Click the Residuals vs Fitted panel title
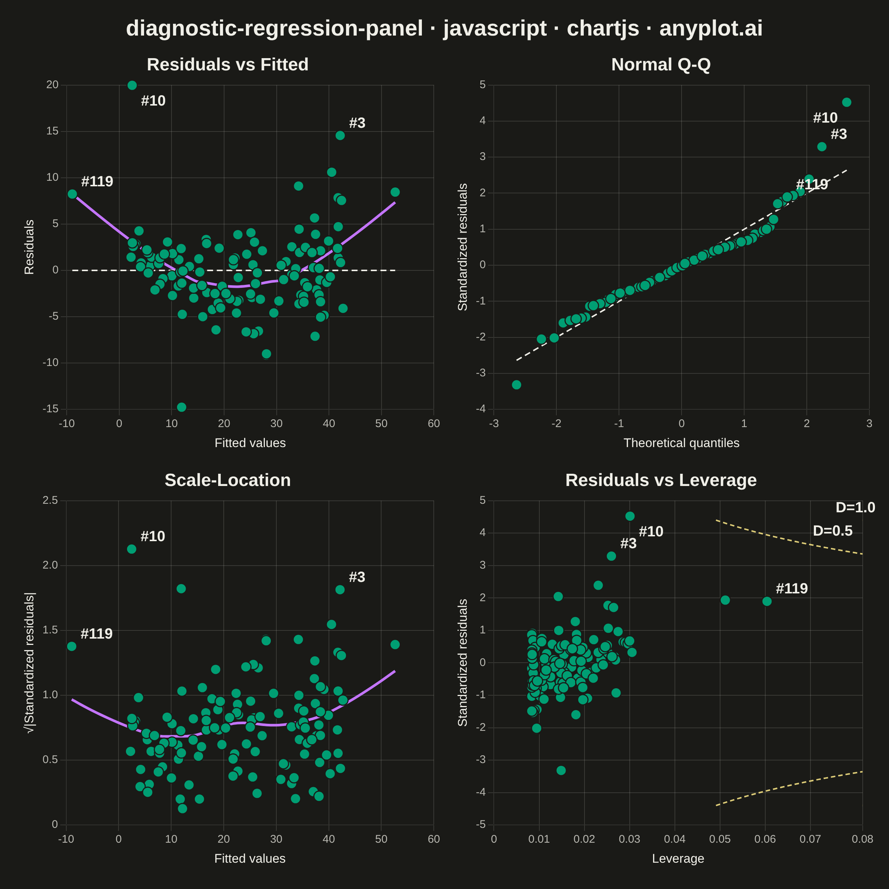[x=227, y=64]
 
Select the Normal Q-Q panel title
[x=661, y=64]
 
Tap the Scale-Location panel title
[x=227, y=480]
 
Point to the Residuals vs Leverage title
[x=661, y=480]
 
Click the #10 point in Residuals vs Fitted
[x=132, y=85]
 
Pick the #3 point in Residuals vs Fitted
[x=340, y=135]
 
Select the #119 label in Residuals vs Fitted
[x=97, y=181]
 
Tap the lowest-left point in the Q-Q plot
[x=517, y=385]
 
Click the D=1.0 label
[x=855, y=507]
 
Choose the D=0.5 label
[x=833, y=530]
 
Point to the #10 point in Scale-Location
[x=131, y=549]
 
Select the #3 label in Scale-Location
[x=357, y=577]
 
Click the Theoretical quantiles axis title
[x=682, y=443]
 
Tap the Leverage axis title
[x=678, y=858]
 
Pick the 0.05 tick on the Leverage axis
[x=720, y=839]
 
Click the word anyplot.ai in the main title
[x=711, y=28]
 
